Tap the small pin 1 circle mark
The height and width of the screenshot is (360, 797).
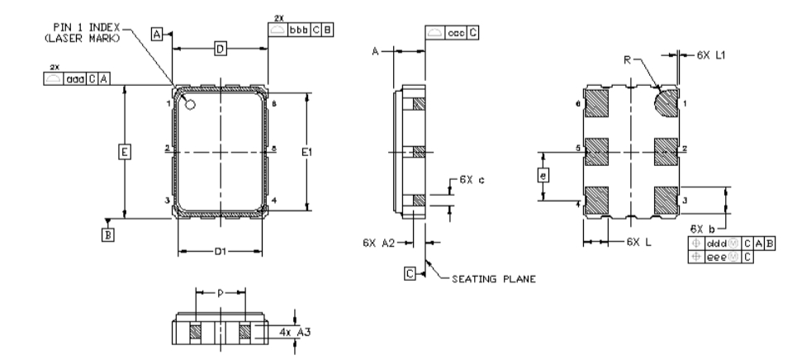tap(190, 105)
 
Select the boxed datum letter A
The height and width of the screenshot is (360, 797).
tap(157, 34)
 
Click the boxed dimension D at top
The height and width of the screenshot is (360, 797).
tap(220, 50)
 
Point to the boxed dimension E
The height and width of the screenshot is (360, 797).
tap(124, 153)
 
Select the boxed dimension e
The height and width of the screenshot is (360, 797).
tap(543, 175)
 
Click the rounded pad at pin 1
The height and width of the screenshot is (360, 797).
tap(665, 104)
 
